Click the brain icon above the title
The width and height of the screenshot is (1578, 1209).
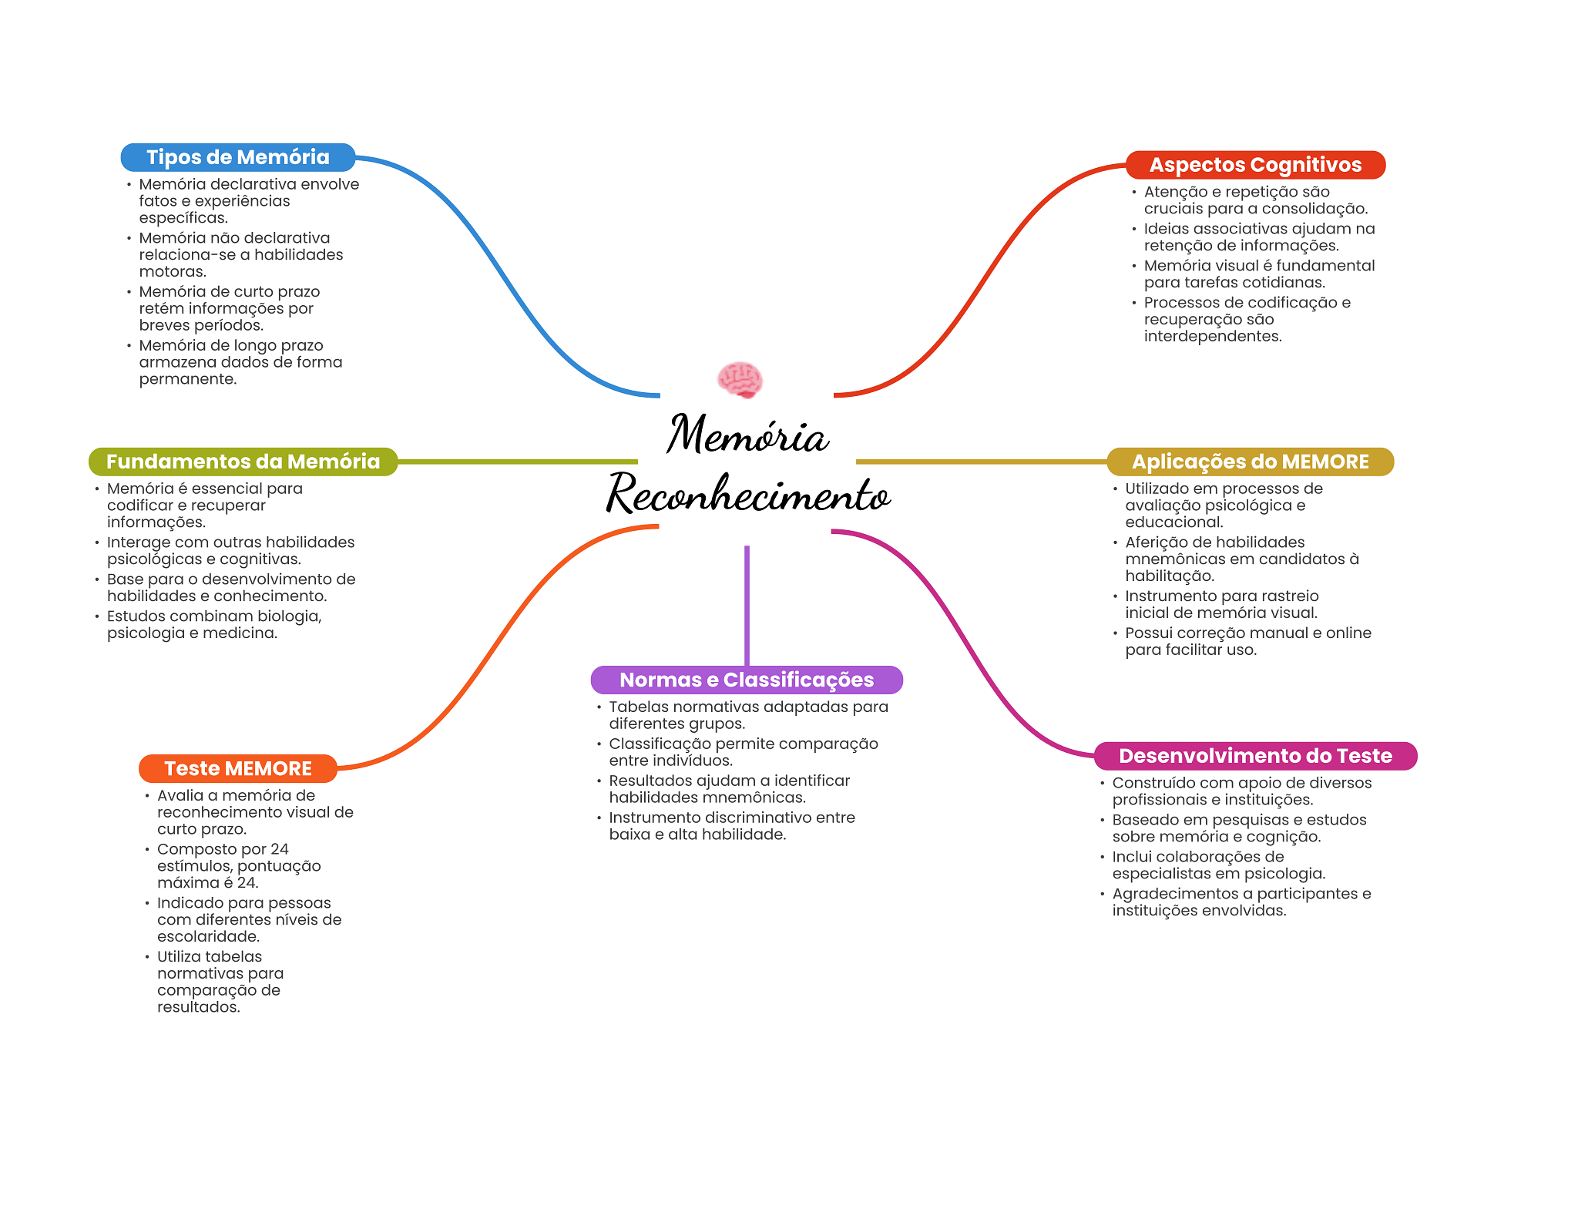pyautogui.click(x=740, y=380)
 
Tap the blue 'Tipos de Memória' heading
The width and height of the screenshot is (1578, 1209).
pyautogui.click(x=238, y=157)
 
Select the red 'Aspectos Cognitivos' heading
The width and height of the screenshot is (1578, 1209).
pyautogui.click(x=1255, y=165)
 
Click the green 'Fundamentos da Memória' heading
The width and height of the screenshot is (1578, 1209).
pyautogui.click(x=243, y=462)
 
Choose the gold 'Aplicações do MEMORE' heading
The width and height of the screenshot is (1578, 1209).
pyautogui.click(x=1250, y=462)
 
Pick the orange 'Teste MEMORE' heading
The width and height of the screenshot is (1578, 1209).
pyautogui.click(x=238, y=768)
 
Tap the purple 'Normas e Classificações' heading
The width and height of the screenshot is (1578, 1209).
pyautogui.click(x=747, y=680)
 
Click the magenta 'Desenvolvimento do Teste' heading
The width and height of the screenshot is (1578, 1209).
pyautogui.click(x=1255, y=756)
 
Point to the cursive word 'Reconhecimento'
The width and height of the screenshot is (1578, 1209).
pyautogui.click(x=748, y=494)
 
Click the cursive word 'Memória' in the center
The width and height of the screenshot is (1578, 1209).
pyautogui.click(x=747, y=434)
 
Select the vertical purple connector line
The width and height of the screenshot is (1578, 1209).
pyautogui.click(x=747, y=606)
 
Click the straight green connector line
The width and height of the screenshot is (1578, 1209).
pyautogui.click(x=518, y=462)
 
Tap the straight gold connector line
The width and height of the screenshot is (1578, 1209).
pyautogui.click(x=982, y=462)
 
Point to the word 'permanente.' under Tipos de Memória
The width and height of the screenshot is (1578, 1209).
pyautogui.click(x=188, y=379)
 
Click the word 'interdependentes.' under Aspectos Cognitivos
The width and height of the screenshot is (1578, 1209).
pyautogui.click(x=1213, y=336)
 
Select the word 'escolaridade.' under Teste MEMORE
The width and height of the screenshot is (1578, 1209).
pyautogui.click(x=209, y=936)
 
